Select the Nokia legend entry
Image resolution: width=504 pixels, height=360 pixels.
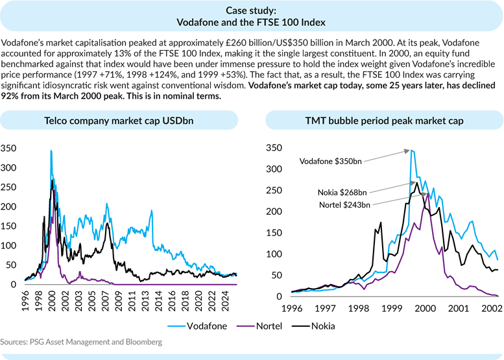click(x=326, y=326)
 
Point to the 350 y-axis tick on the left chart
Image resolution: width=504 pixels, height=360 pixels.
click(x=12, y=148)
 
